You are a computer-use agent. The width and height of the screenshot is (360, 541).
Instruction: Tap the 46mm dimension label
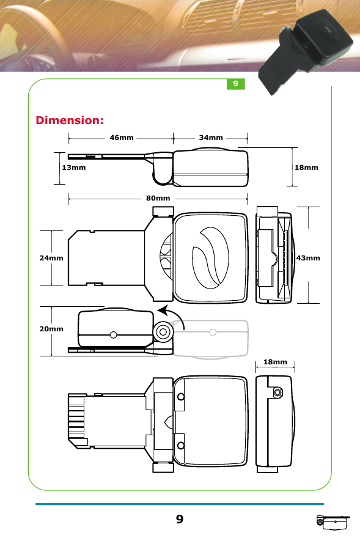tap(122, 138)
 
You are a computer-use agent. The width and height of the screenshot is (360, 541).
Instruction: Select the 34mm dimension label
tap(211, 138)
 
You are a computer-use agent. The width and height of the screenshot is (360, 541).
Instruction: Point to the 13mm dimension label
tap(73, 167)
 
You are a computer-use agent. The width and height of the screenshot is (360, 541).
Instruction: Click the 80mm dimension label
tap(158, 198)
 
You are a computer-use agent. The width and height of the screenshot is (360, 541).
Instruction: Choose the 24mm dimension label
tap(51, 258)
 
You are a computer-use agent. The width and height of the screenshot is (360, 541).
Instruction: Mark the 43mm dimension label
tap(308, 258)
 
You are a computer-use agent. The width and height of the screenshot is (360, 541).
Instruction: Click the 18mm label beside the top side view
tap(306, 167)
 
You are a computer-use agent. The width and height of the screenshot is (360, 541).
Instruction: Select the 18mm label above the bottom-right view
tap(275, 363)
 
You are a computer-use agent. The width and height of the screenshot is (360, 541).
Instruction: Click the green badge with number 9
tap(235, 84)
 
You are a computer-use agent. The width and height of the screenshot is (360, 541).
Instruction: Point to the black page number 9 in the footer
tap(179, 520)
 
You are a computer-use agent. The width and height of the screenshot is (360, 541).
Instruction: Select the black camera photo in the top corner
tap(306, 52)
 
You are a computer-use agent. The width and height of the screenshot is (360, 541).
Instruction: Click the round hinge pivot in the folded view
tap(163, 332)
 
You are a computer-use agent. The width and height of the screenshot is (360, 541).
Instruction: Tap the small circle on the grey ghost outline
tap(212, 333)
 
